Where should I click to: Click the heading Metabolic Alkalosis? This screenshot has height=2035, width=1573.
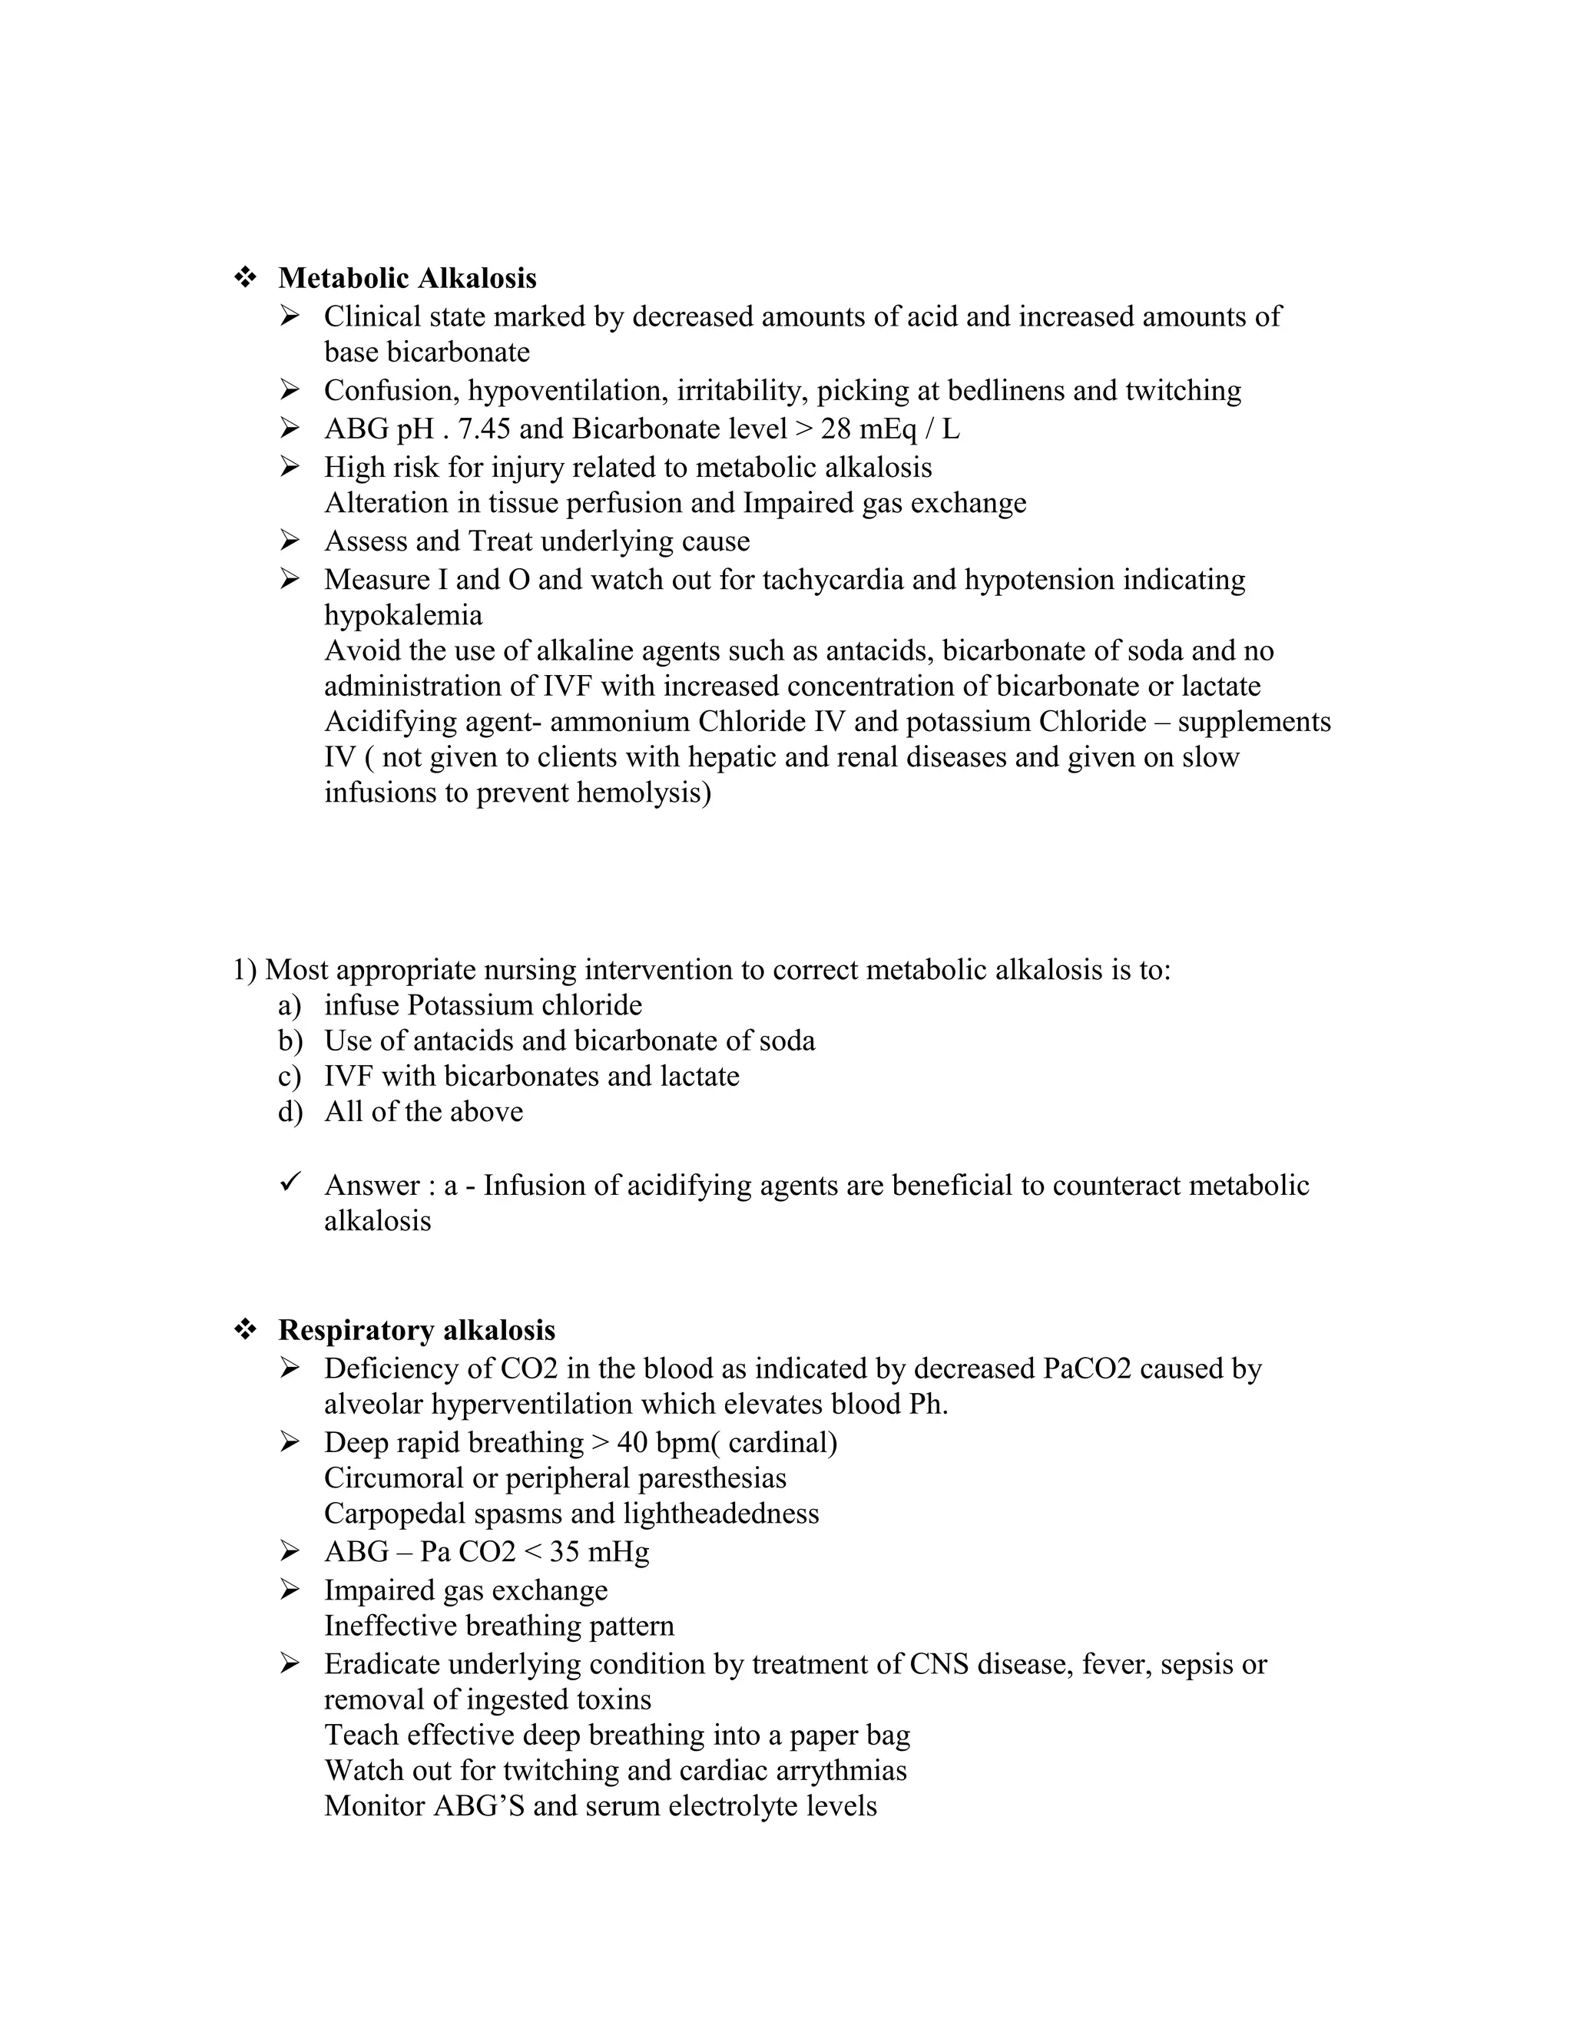[x=407, y=278]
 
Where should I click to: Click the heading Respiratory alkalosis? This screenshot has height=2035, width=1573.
[x=416, y=1329]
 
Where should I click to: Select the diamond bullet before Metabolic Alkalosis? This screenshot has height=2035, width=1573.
[x=245, y=278]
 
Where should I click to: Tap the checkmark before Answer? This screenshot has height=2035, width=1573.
[x=289, y=1183]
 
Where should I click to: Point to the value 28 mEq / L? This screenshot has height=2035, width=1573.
[x=890, y=429]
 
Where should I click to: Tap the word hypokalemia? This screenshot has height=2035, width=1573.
[x=403, y=615]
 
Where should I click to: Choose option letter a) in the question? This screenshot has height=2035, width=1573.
[x=289, y=1005]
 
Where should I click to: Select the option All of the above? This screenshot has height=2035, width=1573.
[x=424, y=1112]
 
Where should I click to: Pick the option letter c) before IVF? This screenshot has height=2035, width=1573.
[x=289, y=1076]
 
